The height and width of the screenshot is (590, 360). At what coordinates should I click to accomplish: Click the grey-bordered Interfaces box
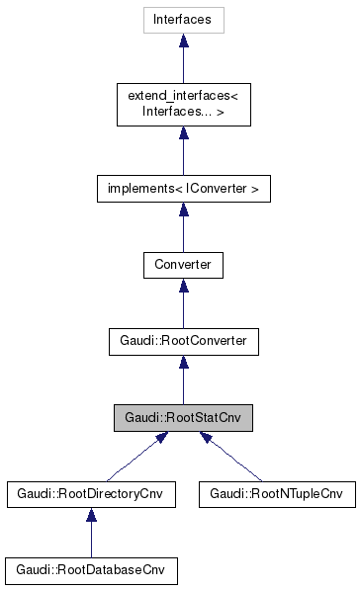[183, 19]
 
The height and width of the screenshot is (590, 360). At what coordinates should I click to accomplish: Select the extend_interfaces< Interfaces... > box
[183, 103]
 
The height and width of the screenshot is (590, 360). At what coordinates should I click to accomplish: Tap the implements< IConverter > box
[183, 187]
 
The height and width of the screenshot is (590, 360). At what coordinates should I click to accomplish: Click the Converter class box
[183, 264]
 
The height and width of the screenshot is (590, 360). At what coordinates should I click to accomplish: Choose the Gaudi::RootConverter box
[183, 341]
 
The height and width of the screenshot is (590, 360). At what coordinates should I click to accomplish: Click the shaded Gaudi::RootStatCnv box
[183, 418]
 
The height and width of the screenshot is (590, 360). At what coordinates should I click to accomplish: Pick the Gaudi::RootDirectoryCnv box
[91, 494]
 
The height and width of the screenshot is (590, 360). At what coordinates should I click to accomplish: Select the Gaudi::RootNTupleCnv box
[276, 494]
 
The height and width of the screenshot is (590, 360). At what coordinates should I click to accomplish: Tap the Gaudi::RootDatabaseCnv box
[91, 571]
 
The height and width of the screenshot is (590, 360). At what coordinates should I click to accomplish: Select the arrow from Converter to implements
[183, 227]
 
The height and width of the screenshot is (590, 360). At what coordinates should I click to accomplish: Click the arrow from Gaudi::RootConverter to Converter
[183, 304]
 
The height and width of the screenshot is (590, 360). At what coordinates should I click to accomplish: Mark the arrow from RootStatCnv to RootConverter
[183, 381]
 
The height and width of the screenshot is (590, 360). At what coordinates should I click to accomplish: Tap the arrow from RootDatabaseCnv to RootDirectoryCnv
[91, 535]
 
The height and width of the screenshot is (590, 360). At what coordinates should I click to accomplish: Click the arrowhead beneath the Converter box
[183, 287]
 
